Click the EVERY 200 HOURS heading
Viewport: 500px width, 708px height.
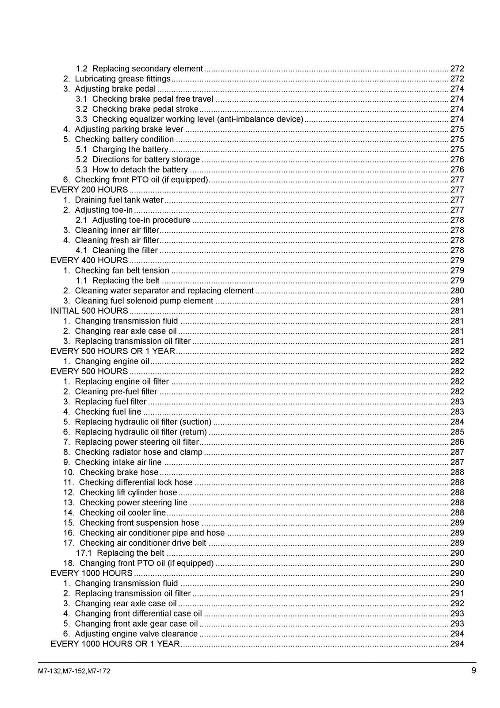89,190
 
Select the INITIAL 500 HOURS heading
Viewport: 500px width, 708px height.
89,311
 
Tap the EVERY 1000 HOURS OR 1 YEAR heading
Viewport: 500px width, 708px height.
115,644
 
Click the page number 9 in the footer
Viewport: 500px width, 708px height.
473,670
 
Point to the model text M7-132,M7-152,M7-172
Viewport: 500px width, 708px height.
74,671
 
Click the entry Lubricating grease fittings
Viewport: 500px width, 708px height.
122,79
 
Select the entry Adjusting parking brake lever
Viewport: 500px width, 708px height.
129,129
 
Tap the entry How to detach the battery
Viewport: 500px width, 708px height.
140,169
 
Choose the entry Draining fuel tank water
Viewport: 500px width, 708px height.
119,200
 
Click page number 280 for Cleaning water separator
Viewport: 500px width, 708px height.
457,291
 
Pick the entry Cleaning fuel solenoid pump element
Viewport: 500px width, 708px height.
144,301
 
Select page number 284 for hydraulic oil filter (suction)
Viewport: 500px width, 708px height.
457,422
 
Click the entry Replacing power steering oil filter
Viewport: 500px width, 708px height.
137,442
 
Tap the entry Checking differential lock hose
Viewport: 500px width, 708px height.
136,482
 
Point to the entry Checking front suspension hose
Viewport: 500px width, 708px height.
139,523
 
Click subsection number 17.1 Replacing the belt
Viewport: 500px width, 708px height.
83,553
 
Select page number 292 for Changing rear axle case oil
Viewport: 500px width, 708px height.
457,604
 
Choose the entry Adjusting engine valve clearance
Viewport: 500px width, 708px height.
136,634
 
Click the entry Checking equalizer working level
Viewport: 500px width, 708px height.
198,119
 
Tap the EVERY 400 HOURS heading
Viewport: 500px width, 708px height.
89,260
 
